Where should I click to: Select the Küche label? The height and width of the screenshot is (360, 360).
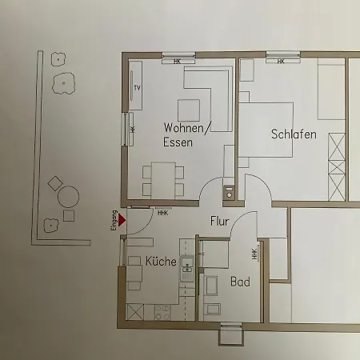[x=162, y=261]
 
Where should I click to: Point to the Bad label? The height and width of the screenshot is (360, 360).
[x=240, y=282]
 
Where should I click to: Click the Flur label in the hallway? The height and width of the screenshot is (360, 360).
[x=221, y=221]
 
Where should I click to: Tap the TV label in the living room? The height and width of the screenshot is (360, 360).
[x=138, y=87]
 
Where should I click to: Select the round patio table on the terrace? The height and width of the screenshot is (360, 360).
[x=69, y=196]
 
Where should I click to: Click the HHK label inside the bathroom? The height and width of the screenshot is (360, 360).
[x=254, y=254]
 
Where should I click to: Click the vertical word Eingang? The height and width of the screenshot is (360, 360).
[x=114, y=221]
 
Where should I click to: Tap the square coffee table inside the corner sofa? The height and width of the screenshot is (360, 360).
[x=189, y=108]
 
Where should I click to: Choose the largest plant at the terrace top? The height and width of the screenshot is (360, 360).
[x=62, y=83]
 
